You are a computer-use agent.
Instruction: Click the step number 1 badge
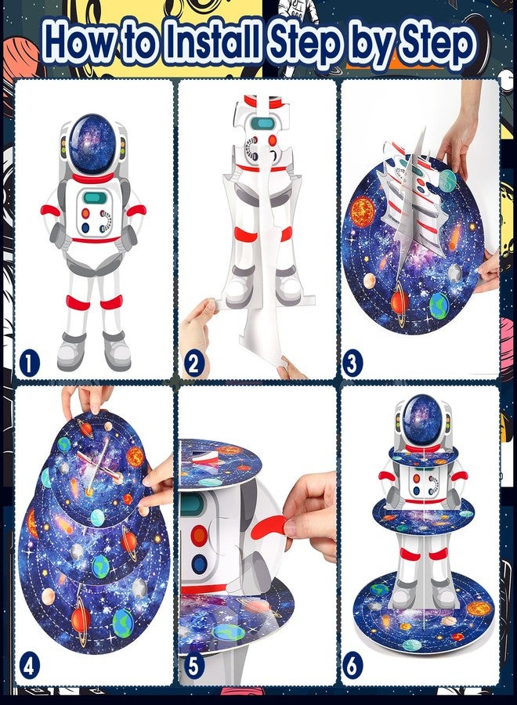pyautogui.click(x=30, y=363)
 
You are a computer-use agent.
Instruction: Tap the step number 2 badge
pyautogui.click(x=194, y=363)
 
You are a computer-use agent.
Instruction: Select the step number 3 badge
pyautogui.click(x=352, y=363)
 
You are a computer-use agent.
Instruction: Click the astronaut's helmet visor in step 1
pyautogui.click(x=92, y=145)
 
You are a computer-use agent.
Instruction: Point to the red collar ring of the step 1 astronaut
pyautogui.click(x=92, y=178)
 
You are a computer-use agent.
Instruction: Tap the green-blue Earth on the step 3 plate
pyautogui.click(x=439, y=305)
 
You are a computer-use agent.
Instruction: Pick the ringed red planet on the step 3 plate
pyautogui.click(x=399, y=302)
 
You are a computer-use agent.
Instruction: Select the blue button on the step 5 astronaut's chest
pyautogui.click(x=198, y=564)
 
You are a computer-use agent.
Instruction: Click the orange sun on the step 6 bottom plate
pyautogui.click(x=479, y=609)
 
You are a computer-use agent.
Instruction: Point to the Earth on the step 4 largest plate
pyautogui.click(x=122, y=624)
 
